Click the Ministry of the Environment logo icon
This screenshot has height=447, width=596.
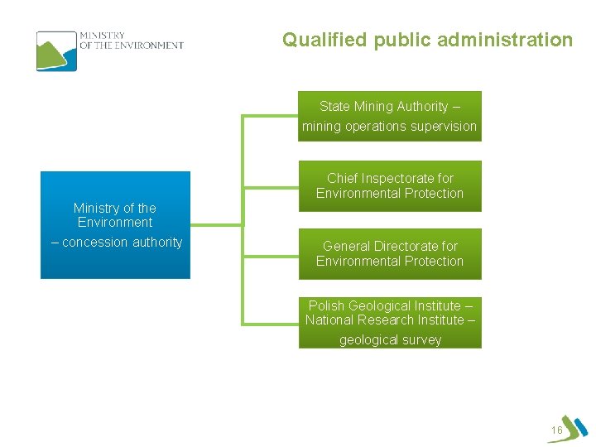click(x=56, y=50)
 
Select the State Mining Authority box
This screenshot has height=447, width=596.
click(x=389, y=116)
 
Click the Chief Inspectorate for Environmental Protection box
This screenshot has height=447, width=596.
click(x=389, y=185)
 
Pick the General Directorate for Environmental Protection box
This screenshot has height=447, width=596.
click(x=389, y=253)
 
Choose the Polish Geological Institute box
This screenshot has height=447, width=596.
click(x=389, y=322)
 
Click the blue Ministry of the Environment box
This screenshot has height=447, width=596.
click(x=115, y=224)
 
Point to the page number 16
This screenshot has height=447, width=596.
click(x=556, y=430)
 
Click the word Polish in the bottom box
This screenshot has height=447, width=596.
click(x=327, y=305)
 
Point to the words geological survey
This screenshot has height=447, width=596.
click(x=390, y=340)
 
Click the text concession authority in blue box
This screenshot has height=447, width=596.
click(x=122, y=243)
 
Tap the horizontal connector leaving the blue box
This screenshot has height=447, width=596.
click(x=217, y=223)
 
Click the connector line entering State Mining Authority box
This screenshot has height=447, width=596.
click(x=270, y=116)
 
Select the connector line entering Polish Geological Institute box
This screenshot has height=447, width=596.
click(x=270, y=322)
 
